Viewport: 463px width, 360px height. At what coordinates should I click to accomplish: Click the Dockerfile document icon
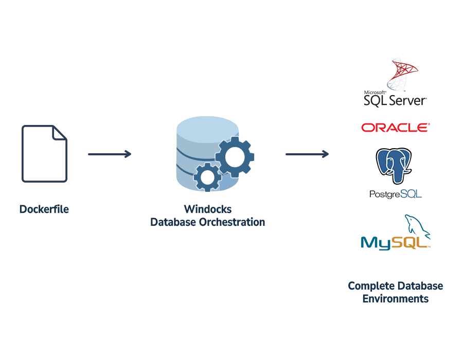[44, 154]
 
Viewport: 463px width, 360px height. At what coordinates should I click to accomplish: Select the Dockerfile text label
[44, 209]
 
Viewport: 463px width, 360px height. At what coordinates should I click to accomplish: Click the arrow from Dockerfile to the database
[110, 154]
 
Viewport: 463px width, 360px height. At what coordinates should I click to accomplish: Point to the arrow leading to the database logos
[307, 154]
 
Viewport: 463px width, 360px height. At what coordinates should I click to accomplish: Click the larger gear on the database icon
[235, 157]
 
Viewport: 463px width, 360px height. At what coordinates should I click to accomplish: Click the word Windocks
[207, 209]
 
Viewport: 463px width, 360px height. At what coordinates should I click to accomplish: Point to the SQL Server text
[395, 99]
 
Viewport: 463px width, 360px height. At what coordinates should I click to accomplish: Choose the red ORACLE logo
[395, 128]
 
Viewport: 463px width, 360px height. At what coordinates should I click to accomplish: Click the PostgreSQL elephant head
[394, 165]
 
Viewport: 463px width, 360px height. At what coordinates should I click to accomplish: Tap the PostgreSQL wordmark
[395, 194]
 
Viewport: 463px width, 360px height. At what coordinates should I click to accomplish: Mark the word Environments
[395, 299]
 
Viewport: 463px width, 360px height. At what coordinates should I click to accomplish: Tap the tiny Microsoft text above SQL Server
[375, 91]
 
